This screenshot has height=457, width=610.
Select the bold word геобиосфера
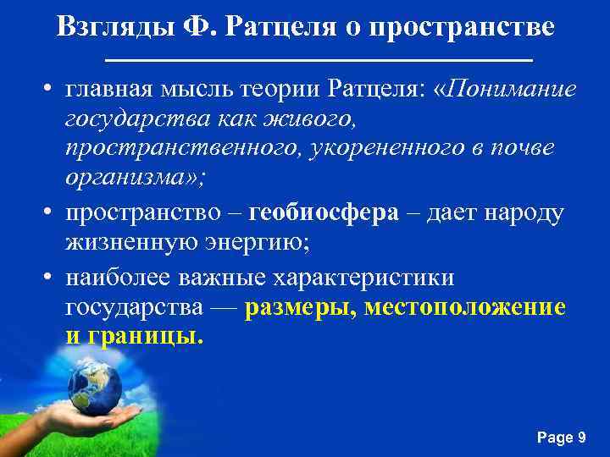324,212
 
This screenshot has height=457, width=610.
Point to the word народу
520,212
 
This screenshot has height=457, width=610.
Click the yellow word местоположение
465,306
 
